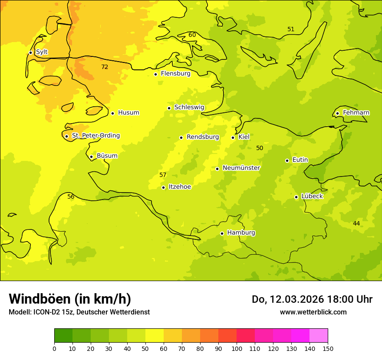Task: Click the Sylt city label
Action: (42, 52)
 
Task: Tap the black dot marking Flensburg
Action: (155, 74)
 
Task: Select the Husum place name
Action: (128, 113)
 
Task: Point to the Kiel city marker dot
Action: (233, 137)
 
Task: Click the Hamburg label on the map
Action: (241, 233)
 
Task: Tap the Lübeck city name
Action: (312, 196)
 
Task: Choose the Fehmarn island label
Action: (356, 113)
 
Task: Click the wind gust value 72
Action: (105, 67)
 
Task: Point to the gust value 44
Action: (356, 223)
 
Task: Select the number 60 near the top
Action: (192, 35)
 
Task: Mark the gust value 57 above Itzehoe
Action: (163, 175)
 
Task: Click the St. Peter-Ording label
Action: (95, 136)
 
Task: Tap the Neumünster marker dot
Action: (217, 169)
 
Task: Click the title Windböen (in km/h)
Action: (70, 299)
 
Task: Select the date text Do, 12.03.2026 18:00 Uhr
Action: (312, 299)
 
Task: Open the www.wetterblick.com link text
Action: (313, 312)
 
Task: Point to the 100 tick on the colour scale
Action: (237, 348)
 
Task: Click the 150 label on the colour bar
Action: (328, 348)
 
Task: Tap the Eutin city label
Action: (300, 160)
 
